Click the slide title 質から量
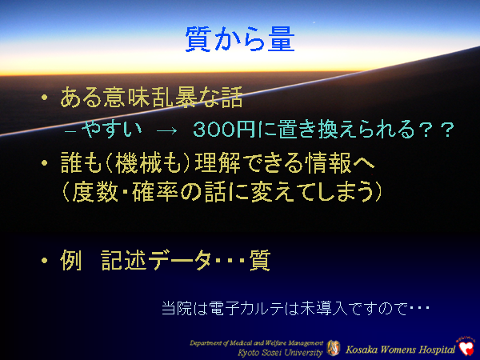(239, 39)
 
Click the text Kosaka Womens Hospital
(398, 349)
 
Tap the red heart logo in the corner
(466, 346)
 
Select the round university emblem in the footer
(334, 348)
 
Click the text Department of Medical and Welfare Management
(256, 342)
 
